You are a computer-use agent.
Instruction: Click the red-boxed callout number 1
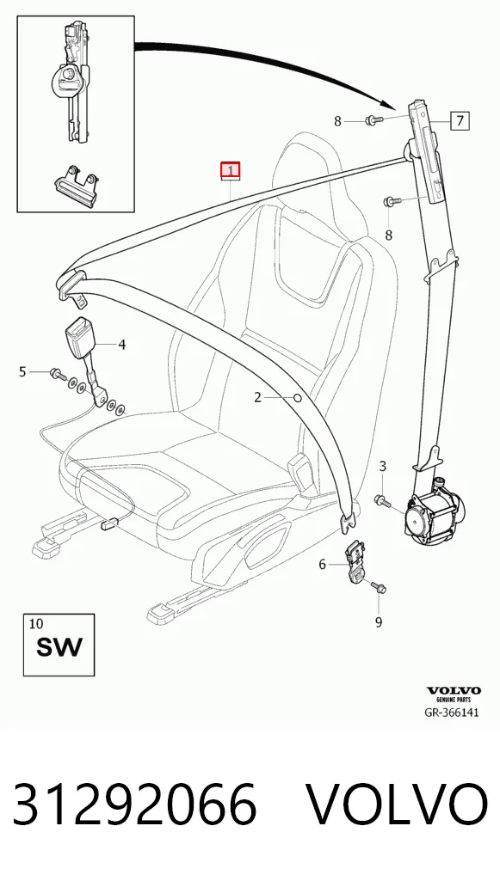[231, 169]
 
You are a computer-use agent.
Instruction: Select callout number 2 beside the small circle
[257, 397]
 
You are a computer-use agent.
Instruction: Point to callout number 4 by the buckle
[122, 345]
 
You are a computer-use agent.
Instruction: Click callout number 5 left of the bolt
[22, 371]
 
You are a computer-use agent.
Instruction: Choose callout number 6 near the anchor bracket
[322, 565]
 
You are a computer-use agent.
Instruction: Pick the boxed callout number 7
[460, 120]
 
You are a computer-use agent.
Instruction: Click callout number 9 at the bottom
[379, 621]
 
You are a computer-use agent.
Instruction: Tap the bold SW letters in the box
[59, 647]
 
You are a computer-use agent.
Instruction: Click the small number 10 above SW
[35, 623]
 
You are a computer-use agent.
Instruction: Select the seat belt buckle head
[82, 334]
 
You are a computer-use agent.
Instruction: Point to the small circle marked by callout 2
[298, 398]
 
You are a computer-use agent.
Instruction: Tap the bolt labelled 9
[378, 586]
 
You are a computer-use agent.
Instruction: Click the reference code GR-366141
[453, 713]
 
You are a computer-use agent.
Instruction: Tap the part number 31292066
[134, 805]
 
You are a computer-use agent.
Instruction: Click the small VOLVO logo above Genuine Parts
[454, 691]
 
